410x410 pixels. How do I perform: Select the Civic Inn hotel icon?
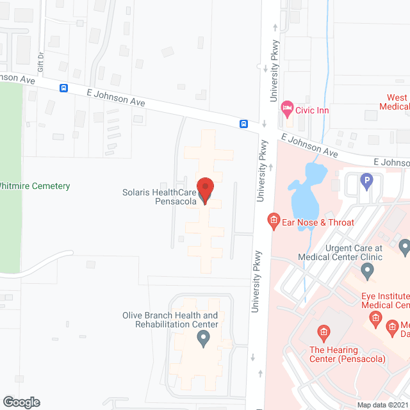(286, 109)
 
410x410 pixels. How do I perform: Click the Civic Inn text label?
(312, 110)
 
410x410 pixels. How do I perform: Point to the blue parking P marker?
(366, 181)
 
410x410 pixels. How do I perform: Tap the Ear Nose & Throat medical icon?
(274, 222)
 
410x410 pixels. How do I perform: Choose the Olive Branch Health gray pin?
(204, 340)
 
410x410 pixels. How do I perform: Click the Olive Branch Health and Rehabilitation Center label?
(170, 320)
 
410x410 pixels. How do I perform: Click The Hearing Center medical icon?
(324, 332)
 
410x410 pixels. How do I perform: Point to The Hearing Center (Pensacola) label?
(347, 354)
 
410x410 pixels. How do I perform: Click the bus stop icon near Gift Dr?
(64, 88)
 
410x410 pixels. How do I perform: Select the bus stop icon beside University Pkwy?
(243, 124)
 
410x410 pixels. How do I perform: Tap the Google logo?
(21, 402)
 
